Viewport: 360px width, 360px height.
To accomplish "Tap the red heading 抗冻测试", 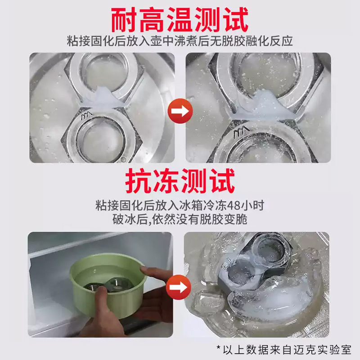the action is click(180, 181).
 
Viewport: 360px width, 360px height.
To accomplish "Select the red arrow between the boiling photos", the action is click(180, 111).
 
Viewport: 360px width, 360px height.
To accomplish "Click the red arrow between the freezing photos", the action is click(179, 287).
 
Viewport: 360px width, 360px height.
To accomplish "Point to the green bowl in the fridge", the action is click(108, 285).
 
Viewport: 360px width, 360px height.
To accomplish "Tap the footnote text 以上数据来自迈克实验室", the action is click(287, 350).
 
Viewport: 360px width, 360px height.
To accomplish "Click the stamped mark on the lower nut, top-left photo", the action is click(86, 116).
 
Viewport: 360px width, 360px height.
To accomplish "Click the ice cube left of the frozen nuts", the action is click(206, 302).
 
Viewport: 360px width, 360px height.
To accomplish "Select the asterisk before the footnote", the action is click(219, 347).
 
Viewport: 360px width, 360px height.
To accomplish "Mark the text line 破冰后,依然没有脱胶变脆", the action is click(180, 220).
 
